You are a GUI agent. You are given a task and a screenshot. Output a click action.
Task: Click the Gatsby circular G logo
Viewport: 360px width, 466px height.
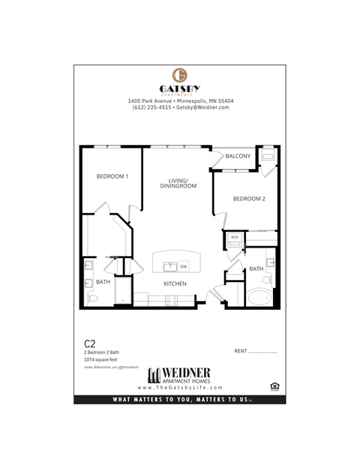click(x=180, y=75)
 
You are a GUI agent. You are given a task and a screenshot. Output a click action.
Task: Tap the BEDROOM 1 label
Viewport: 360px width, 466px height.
click(x=112, y=176)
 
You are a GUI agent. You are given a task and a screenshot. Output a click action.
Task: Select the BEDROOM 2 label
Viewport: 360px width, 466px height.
click(x=249, y=199)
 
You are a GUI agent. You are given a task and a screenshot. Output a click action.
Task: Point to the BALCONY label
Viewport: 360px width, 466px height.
click(x=238, y=156)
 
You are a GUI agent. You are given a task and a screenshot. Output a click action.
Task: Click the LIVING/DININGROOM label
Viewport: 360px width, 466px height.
click(x=182, y=182)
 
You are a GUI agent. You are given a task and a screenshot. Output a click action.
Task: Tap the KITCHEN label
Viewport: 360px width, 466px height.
click(x=175, y=283)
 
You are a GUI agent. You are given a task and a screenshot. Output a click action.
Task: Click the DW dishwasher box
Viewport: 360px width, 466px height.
click(x=184, y=266)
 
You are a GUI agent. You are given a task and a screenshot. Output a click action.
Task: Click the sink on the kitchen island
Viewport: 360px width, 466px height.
click(x=170, y=266)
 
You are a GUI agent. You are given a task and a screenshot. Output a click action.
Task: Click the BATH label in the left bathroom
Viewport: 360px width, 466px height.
click(x=103, y=283)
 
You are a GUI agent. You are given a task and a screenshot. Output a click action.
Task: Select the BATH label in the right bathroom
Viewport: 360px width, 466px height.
click(x=256, y=269)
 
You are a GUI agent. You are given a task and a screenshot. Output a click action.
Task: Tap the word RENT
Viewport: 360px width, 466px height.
click(x=241, y=351)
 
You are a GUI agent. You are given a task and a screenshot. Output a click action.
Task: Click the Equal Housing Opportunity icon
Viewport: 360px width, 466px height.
click(x=273, y=386)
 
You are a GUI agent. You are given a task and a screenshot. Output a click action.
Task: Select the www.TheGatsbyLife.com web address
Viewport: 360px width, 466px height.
click(x=180, y=387)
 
